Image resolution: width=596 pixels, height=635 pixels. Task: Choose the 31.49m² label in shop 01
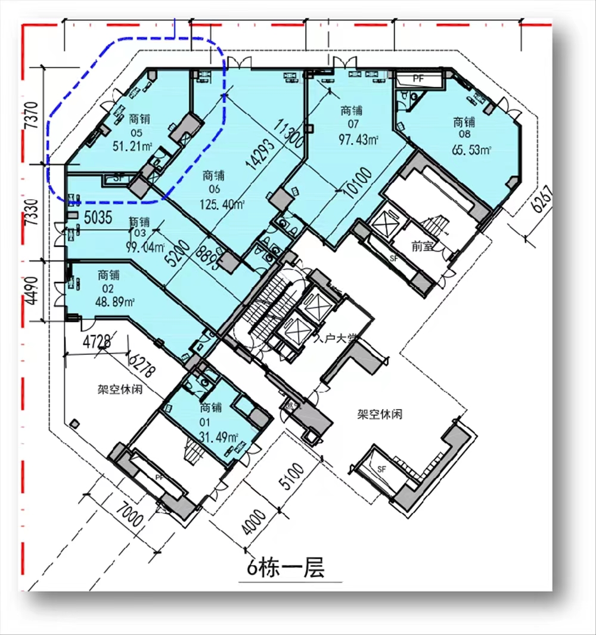pyautogui.click(x=219, y=436)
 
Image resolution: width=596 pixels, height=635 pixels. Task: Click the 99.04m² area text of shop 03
pyautogui.click(x=140, y=246)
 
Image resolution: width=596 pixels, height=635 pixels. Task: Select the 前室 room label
pyautogui.click(x=422, y=246)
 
